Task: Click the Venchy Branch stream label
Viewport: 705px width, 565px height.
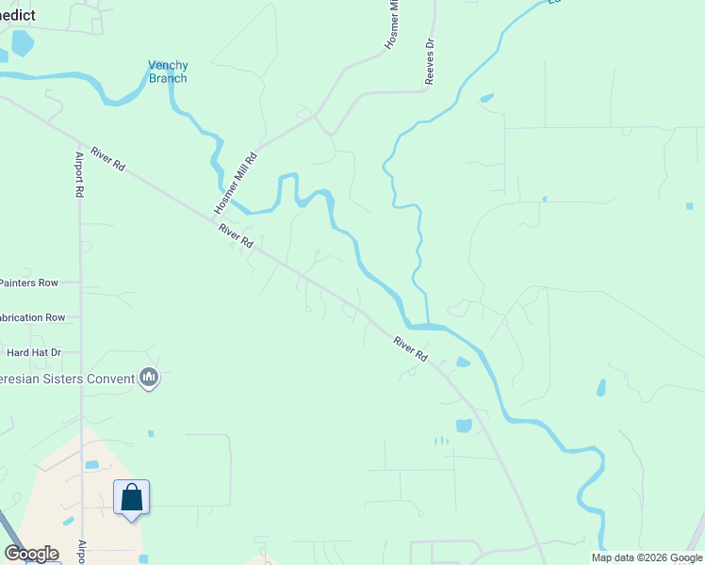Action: [x=168, y=72]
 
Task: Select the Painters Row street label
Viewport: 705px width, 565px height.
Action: [x=28, y=282]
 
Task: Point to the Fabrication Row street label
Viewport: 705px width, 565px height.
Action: [x=32, y=317]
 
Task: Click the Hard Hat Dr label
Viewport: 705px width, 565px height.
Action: [x=34, y=352]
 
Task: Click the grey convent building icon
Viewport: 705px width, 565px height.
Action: [x=148, y=379]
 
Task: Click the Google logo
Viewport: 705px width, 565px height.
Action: [x=31, y=554]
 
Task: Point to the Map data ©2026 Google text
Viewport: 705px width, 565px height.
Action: [x=647, y=557]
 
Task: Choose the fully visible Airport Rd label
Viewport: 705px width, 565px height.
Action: [x=79, y=174]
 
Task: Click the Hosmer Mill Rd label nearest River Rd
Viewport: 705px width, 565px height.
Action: [x=236, y=182]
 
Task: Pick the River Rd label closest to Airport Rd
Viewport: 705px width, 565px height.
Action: [x=108, y=159]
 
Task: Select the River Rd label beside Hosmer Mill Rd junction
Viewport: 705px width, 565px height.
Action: [x=236, y=235]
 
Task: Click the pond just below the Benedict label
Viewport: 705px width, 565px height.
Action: [x=21, y=42]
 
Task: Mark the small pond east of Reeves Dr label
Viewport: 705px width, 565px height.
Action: [x=485, y=98]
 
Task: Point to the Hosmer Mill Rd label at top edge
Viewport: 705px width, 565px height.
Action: [x=393, y=26]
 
